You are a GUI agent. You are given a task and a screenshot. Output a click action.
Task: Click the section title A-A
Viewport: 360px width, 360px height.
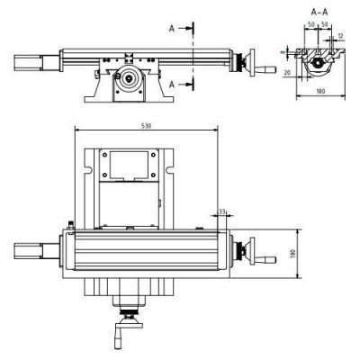pyautogui.click(x=319, y=12)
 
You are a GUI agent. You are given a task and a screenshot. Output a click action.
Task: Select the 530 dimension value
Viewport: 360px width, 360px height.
pyautogui.click(x=146, y=126)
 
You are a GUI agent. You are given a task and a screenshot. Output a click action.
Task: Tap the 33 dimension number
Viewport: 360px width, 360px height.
pyautogui.click(x=222, y=211)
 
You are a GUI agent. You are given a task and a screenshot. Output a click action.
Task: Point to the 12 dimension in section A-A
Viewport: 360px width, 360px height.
pyautogui.click(x=340, y=36)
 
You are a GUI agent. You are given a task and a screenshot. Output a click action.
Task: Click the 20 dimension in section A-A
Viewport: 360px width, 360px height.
pyautogui.click(x=287, y=73)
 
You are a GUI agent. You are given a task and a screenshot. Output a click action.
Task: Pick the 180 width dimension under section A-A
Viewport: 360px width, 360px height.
pyautogui.click(x=320, y=91)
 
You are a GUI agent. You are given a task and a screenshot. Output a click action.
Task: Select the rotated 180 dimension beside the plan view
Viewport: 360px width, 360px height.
pyautogui.click(x=293, y=254)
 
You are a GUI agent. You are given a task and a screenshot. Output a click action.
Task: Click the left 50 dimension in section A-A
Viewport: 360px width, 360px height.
pyautogui.click(x=311, y=24)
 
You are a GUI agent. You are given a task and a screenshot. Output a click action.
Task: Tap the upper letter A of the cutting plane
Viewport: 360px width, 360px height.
pyautogui.click(x=172, y=29)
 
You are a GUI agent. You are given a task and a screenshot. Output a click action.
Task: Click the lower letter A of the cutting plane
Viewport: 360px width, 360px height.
pyautogui.click(x=172, y=85)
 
